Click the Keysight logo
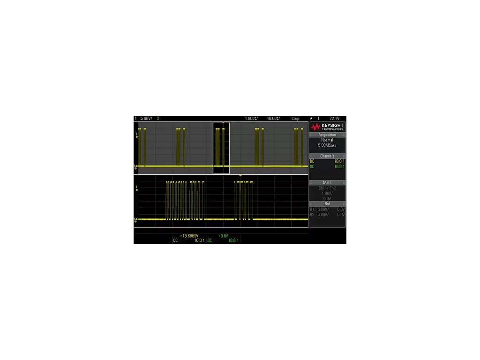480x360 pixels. click(327, 127)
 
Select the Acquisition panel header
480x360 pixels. click(327, 135)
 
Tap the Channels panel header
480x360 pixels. click(327, 156)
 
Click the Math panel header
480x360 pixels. click(327, 182)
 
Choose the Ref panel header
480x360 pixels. click(327, 204)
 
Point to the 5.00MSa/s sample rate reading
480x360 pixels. click(327, 146)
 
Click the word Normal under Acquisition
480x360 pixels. click(327, 140)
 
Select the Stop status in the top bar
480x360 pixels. click(295, 119)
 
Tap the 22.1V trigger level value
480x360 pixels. click(334, 119)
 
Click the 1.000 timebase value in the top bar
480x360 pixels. click(251, 119)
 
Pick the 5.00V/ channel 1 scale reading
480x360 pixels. click(146, 119)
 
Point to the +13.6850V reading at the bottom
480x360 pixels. click(188, 236)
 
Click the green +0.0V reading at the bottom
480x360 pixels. click(223, 236)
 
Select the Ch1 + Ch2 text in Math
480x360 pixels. click(327, 188)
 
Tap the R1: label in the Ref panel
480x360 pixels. click(312, 210)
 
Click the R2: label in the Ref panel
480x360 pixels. click(312, 215)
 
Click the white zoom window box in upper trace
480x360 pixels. click(221, 148)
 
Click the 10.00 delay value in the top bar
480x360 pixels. click(272, 119)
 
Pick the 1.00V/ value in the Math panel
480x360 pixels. click(327, 193)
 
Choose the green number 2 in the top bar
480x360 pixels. click(158, 119)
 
